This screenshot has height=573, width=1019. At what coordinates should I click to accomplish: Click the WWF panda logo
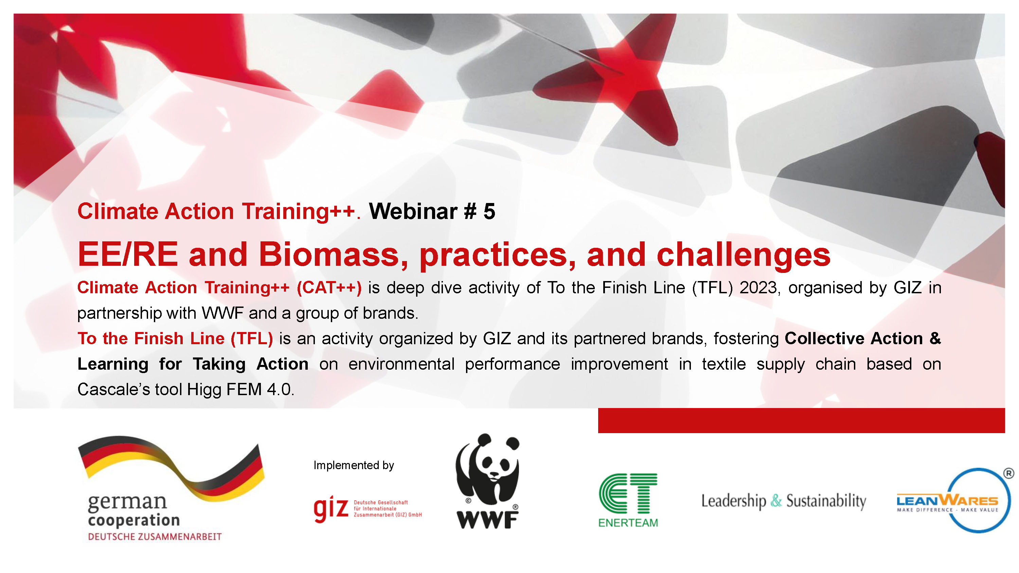click(x=487, y=480)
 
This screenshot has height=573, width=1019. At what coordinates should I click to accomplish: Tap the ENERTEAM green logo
click(x=628, y=499)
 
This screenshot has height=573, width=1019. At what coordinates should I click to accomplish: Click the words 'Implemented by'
click(x=354, y=465)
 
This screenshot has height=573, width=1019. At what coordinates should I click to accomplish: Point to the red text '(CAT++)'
click(x=329, y=288)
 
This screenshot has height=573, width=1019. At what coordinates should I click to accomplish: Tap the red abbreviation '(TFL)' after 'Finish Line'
click(x=252, y=338)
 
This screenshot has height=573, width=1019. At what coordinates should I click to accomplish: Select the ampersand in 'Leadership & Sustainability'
click(x=776, y=501)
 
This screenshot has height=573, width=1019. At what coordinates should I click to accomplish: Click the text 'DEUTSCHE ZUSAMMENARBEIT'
click(x=155, y=537)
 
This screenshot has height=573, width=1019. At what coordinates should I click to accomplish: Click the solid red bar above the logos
click(x=801, y=420)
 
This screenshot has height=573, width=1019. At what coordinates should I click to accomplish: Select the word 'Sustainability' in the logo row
click(x=826, y=501)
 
